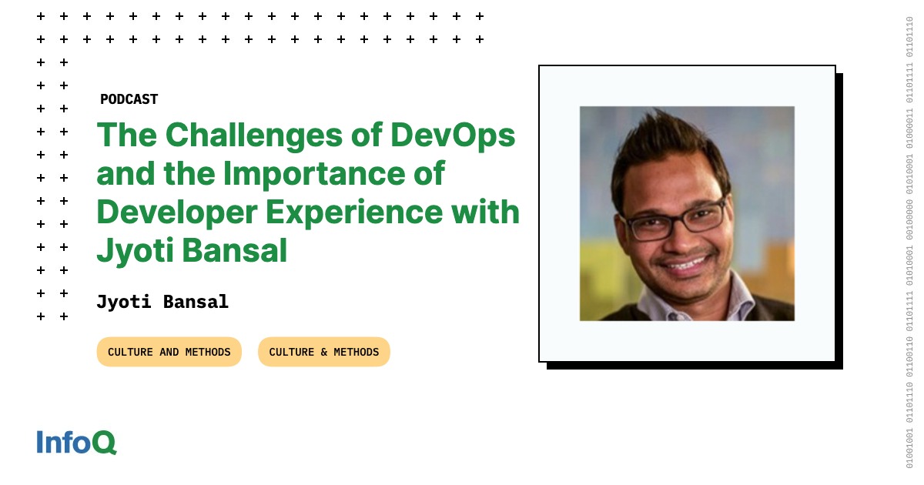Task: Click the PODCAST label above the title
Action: point(129,99)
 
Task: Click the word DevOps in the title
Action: point(453,136)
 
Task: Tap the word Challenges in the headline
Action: point(253,136)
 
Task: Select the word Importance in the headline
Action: point(314,174)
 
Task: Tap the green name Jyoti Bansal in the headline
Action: point(192,251)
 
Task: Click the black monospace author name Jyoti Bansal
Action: point(162,302)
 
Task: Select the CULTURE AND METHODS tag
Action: point(169,352)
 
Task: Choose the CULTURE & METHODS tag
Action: point(324,352)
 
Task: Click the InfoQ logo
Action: point(77,442)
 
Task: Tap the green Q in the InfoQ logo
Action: point(104,442)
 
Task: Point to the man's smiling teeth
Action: point(685,263)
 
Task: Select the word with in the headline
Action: point(486,212)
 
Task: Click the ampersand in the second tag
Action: point(324,352)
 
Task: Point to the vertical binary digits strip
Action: point(909,242)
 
